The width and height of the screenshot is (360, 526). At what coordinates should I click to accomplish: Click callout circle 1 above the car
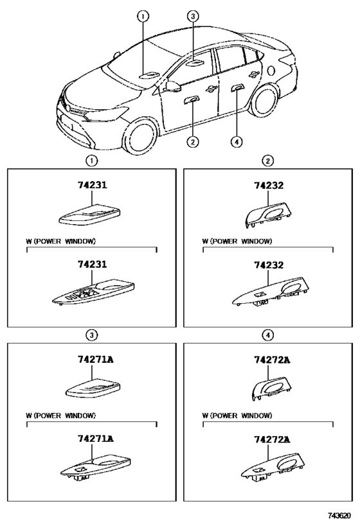tap(143, 16)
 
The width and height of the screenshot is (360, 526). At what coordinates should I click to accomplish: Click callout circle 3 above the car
tap(193, 16)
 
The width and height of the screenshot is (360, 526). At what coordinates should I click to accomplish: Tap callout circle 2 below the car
tap(192, 142)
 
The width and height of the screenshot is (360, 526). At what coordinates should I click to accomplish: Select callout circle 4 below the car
tap(237, 142)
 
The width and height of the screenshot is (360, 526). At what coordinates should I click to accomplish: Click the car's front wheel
tap(140, 138)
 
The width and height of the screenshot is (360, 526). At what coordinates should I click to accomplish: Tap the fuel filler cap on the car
tap(271, 70)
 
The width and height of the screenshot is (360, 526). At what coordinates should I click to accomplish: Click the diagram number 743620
tap(339, 515)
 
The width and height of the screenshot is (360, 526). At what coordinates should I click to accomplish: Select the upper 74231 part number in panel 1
tap(93, 185)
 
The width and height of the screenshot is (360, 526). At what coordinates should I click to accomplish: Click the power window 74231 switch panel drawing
tap(94, 291)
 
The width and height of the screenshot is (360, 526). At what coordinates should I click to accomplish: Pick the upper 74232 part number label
tap(269, 185)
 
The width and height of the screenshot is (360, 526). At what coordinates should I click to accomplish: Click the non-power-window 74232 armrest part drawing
tap(269, 215)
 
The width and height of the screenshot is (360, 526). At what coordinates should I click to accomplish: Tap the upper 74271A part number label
tap(96, 359)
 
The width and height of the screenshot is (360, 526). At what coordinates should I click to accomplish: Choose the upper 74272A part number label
tap(272, 360)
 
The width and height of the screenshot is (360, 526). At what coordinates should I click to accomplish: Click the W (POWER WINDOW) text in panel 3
tap(61, 416)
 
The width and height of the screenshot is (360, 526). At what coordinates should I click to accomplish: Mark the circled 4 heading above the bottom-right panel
tap(267, 335)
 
